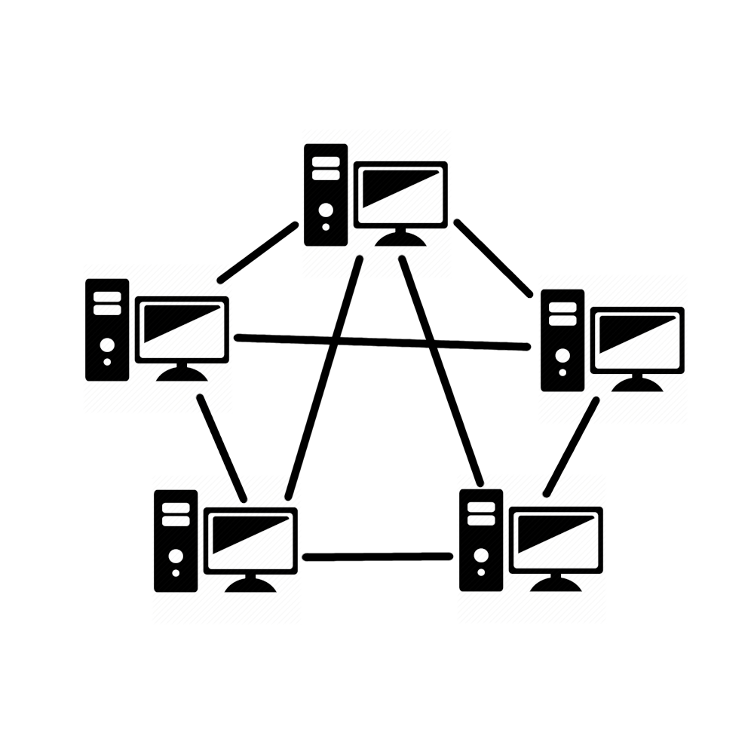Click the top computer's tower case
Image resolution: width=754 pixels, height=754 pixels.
[x=326, y=195]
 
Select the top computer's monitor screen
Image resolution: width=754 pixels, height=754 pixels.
[x=400, y=193]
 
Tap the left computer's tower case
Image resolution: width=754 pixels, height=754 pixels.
[x=107, y=329]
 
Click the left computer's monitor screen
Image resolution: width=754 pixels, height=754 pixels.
[x=182, y=329]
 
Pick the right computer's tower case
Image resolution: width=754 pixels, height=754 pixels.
[x=562, y=340]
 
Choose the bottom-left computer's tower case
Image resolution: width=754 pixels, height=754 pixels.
[x=176, y=541]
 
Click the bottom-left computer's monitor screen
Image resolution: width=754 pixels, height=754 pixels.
[x=250, y=540]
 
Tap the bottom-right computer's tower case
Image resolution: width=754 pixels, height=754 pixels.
[x=481, y=540]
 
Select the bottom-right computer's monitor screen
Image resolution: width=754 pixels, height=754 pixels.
[x=556, y=539]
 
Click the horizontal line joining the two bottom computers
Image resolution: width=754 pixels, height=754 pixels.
[x=377, y=557]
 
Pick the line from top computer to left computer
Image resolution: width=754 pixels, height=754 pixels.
[x=257, y=252]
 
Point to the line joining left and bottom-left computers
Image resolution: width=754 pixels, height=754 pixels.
[x=222, y=447]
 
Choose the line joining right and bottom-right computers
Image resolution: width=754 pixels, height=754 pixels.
[x=572, y=446]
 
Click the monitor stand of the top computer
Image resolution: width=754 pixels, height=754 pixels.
[x=400, y=238]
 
